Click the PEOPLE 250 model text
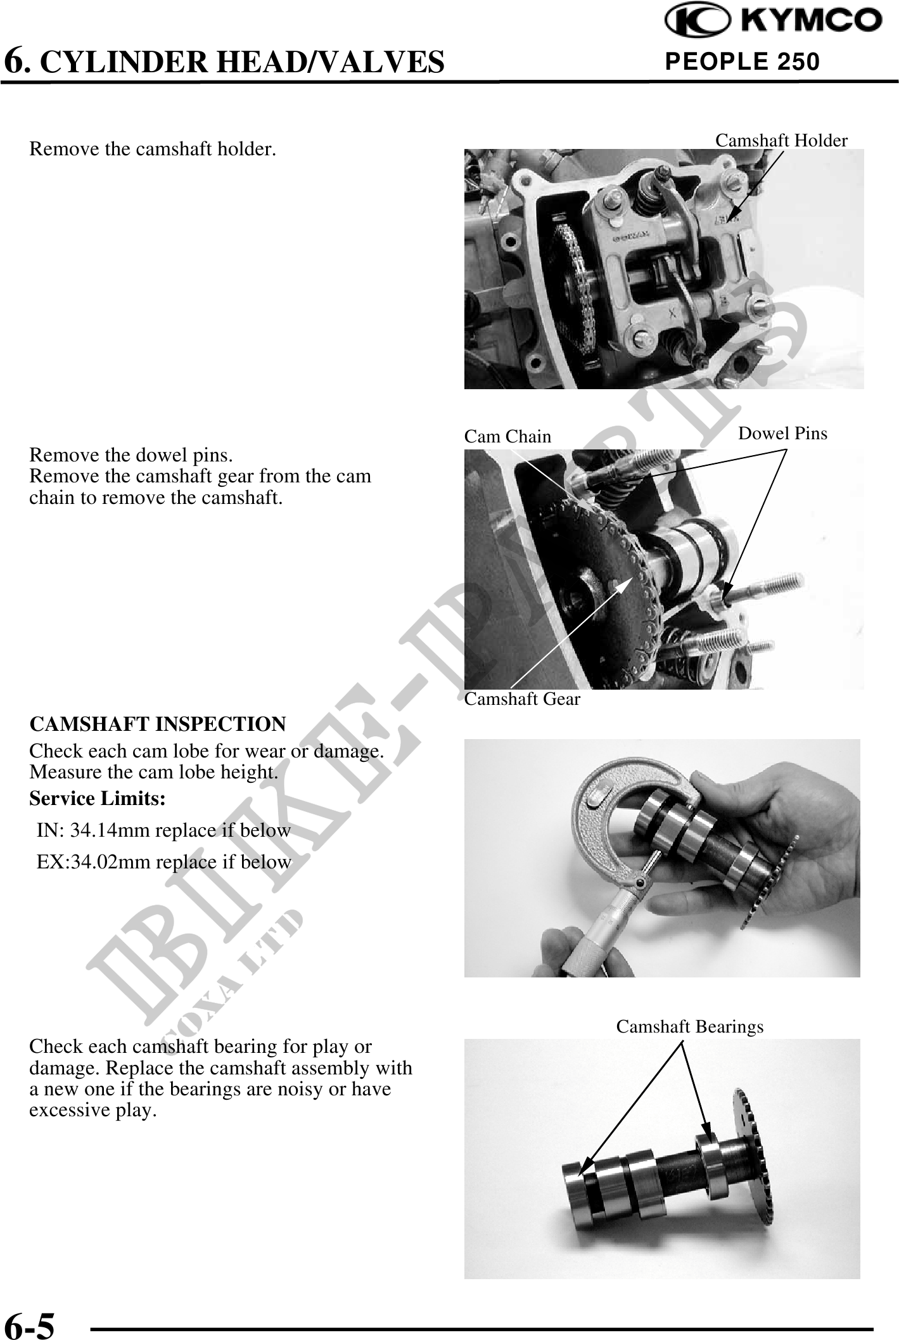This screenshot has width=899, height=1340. (742, 61)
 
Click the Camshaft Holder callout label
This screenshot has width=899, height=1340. (781, 140)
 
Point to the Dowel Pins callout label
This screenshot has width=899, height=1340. (783, 433)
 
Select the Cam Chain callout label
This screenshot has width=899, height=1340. (507, 436)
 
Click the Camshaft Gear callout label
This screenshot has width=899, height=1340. (522, 699)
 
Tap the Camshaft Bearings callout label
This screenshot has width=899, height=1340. (690, 1026)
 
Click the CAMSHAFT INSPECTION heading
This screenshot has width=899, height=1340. (158, 723)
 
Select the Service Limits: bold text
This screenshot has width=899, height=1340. (98, 799)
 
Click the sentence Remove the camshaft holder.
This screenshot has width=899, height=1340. (153, 150)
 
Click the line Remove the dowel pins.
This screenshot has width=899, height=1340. (131, 455)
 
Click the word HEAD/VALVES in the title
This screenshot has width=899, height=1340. (328, 61)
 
